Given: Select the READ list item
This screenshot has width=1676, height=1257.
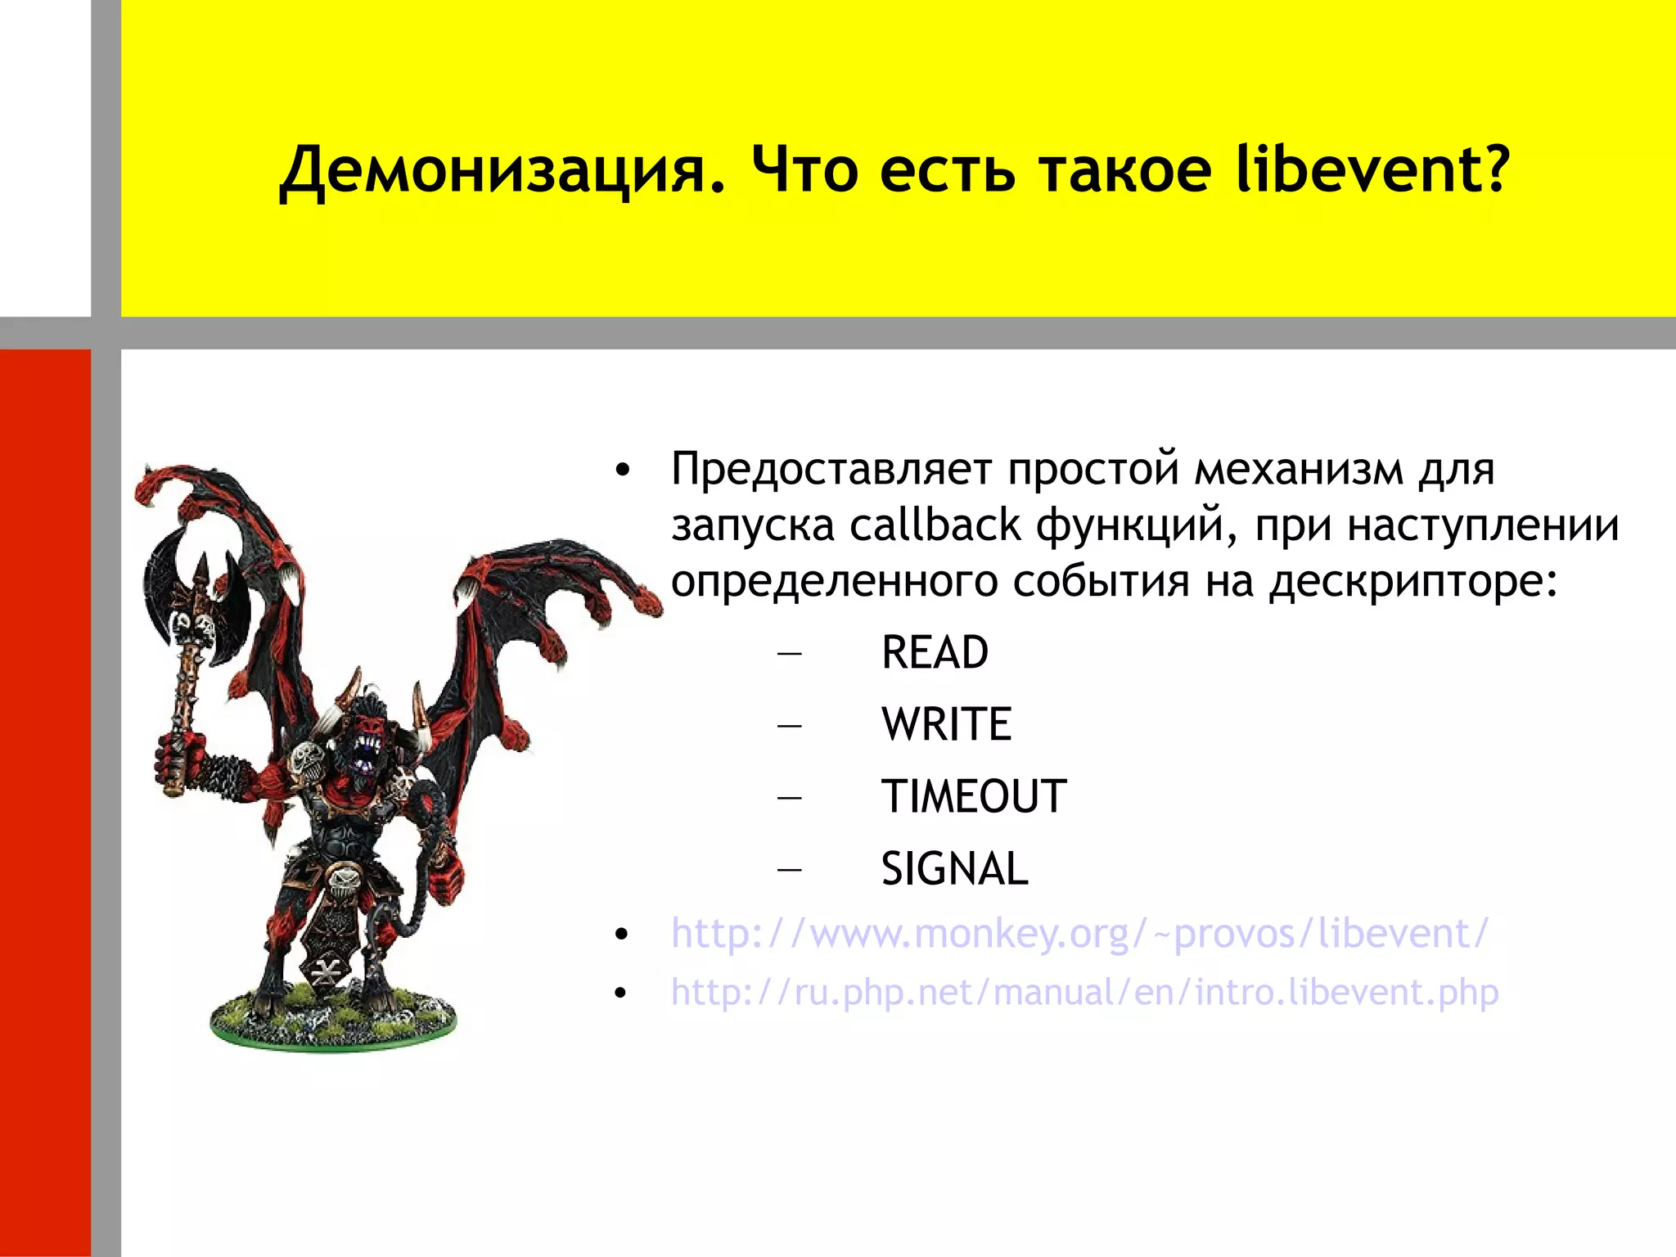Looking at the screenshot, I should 935,653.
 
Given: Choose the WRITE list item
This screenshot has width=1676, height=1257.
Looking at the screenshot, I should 946,725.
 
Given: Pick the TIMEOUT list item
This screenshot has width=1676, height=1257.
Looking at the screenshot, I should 973,797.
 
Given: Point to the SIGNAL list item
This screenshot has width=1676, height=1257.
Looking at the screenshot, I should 954,869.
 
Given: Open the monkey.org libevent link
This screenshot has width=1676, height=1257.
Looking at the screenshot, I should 1079,934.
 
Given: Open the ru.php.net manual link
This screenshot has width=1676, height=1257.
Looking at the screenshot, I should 1084,993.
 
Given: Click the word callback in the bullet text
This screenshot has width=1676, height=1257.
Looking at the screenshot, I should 935,525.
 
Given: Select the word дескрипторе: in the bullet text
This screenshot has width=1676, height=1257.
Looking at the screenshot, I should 1412,582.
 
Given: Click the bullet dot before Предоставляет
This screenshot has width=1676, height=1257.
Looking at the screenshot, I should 623,471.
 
